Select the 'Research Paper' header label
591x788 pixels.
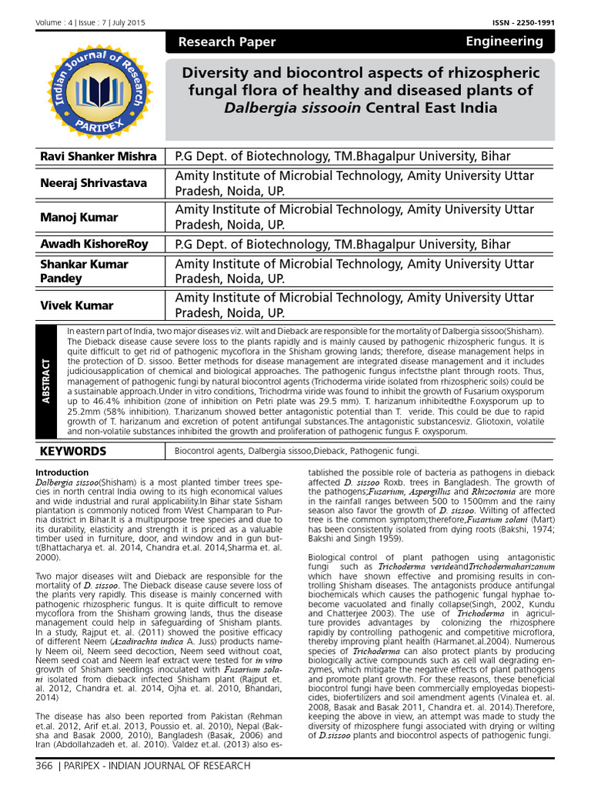tap(226, 42)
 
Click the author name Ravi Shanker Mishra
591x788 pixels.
tap(98, 156)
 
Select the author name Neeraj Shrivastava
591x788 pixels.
tap(94, 183)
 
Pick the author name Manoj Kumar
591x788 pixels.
tap(78, 217)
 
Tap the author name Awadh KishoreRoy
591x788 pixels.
tap(95, 245)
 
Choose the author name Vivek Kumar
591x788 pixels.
tap(76, 306)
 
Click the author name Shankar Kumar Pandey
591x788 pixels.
tap(85, 271)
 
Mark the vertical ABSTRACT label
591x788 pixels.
tap(46, 382)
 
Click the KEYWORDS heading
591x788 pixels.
tap(75, 451)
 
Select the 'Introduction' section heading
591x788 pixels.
tap(62, 472)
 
